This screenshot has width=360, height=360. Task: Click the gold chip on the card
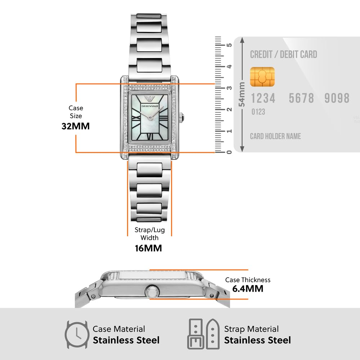click(262, 77)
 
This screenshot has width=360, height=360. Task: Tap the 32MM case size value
click(75, 126)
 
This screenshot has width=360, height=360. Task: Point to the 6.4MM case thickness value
click(248, 288)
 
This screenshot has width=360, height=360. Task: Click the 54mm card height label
click(242, 94)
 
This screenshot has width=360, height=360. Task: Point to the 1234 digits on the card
click(263, 98)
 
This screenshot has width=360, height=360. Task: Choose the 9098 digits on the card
click(337, 98)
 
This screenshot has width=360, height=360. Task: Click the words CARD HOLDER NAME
click(275, 136)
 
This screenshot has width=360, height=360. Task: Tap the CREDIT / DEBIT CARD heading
click(284, 55)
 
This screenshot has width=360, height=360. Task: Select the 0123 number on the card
click(258, 112)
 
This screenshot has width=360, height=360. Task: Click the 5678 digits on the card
click(301, 98)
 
